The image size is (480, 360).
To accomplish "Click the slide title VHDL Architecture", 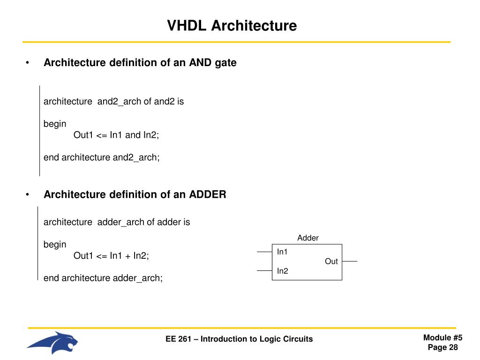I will [x=232, y=25].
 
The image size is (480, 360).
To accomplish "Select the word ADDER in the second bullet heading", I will [x=208, y=195].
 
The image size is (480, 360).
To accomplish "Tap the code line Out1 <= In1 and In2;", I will [x=116, y=135].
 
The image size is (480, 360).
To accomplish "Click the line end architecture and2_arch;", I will [x=102, y=157].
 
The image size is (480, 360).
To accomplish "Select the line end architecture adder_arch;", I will [x=103, y=278].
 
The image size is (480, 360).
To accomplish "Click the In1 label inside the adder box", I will [x=282, y=252].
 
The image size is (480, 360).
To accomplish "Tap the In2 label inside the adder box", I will [x=282, y=271].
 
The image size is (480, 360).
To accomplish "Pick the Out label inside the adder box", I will [x=331, y=262].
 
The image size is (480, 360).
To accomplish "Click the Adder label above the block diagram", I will [x=307, y=238].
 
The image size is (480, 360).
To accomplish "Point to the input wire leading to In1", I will [x=264, y=252].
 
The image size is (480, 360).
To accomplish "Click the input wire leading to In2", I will [x=264, y=271].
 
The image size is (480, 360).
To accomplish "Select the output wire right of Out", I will [x=349, y=261].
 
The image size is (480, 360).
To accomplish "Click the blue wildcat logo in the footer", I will [x=52, y=343].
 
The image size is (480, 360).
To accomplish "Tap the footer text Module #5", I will [x=442, y=338].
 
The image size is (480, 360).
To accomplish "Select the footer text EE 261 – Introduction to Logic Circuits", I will [x=239, y=339].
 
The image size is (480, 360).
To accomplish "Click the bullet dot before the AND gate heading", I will [x=28, y=63].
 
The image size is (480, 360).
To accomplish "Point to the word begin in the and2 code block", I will [x=55, y=124].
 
